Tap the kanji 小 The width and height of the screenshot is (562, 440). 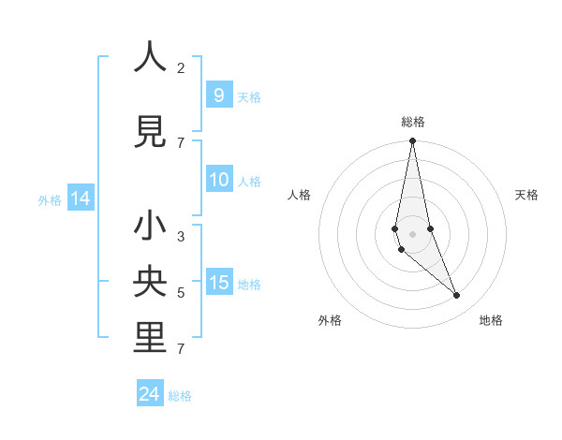point(150,227)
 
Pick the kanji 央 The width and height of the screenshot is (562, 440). point(150,281)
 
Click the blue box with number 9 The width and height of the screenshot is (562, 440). point(218,95)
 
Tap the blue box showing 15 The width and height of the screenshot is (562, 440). point(218,283)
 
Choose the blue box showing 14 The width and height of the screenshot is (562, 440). point(80,198)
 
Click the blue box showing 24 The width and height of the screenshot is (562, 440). point(150,394)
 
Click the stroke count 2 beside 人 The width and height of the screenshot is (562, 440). point(181,67)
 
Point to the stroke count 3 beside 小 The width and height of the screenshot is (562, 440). point(181,237)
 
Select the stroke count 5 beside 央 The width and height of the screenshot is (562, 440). point(181,293)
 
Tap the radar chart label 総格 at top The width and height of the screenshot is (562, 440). point(413,122)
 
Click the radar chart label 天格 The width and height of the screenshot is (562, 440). point(527,195)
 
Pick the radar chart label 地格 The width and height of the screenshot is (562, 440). point(491,320)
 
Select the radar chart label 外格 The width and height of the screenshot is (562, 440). point(330,320)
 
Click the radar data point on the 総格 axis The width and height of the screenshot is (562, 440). point(412,141)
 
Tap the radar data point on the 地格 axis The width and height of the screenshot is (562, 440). point(457,296)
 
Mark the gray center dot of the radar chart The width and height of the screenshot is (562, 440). point(412,233)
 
